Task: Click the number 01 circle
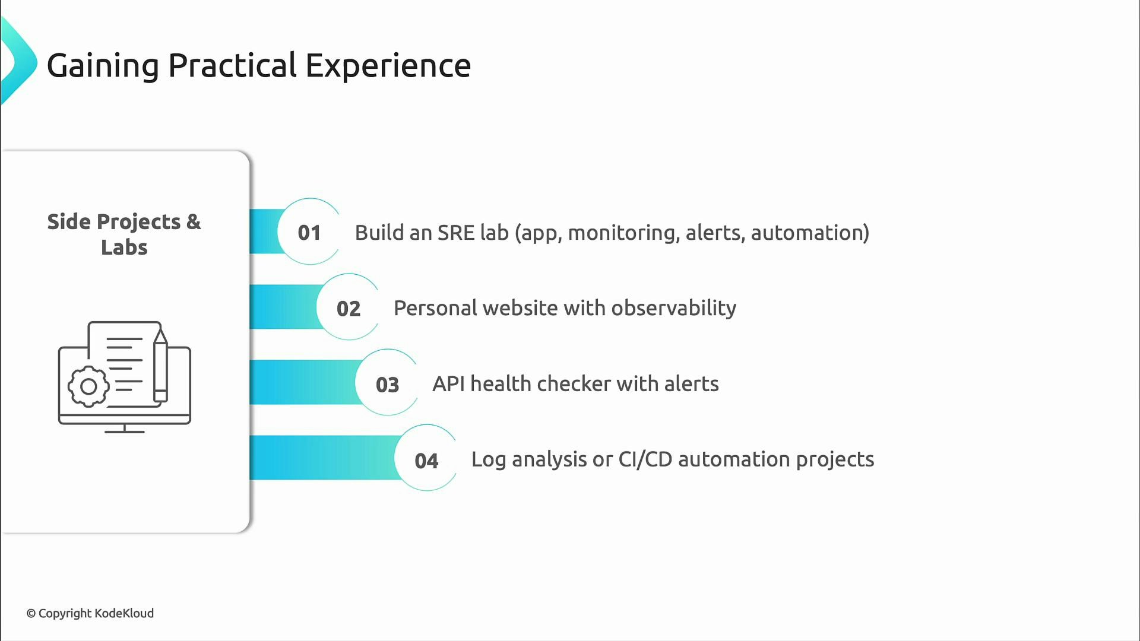(x=309, y=232)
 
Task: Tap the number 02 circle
(x=349, y=308)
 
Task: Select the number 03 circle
(x=387, y=384)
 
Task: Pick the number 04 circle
(x=426, y=460)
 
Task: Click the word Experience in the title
(x=388, y=65)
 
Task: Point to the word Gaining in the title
(x=103, y=65)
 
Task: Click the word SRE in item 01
(x=455, y=233)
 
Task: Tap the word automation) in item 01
(x=810, y=233)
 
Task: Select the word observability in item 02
(x=673, y=308)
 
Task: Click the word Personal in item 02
(x=435, y=308)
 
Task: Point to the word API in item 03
(x=448, y=384)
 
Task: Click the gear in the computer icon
(x=88, y=386)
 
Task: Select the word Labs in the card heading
(x=124, y=247)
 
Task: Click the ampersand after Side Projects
(x=194, y=222)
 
